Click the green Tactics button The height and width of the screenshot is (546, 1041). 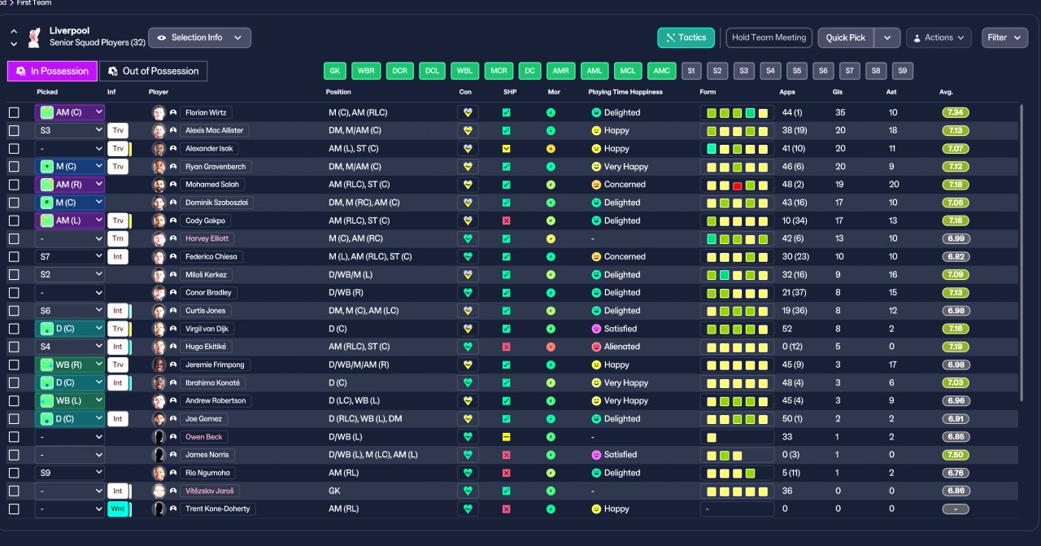[x=686, y=37]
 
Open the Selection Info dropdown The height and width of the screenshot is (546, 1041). [x=200, y=37]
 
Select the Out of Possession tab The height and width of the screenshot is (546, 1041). [x=154, y=71]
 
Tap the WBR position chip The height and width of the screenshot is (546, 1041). [x=366, y=71]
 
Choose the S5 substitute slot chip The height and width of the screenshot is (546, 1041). [x=796, y=71]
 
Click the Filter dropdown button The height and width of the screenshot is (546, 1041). [x=1004, y=37]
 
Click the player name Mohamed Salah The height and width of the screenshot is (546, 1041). [x=212, y=185]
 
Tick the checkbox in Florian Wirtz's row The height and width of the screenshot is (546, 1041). [x=14, y=112]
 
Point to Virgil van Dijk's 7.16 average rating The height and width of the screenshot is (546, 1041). [x=956, y=329]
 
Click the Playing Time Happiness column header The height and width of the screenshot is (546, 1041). [x=625, y=92]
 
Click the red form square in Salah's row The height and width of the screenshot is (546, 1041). [x=737, y=186]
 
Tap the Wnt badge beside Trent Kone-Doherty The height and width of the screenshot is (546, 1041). [x=118, y=509]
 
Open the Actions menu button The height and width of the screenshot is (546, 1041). [x=939, y=37]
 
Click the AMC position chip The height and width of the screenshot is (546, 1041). [x=661, y=71]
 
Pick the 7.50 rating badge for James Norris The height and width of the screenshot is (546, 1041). [x=956, y=455]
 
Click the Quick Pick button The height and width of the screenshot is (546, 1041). [x=845, y=37]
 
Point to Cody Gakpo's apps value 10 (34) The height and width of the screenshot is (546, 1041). [x=795, y=221]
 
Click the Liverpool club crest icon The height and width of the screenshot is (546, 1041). [x=34, y=37]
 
